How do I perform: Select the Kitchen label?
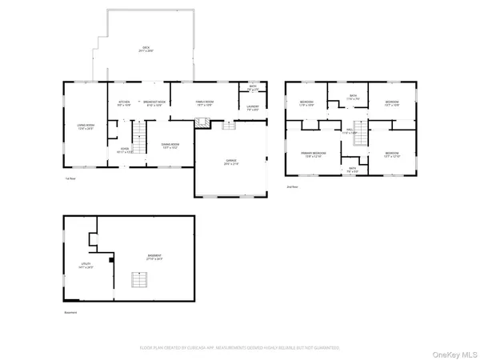pyautogui.click(x=124, y=103)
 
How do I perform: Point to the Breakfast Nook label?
pyautogui.click(x=154, y=103)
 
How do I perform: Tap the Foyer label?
pyautogui.click(x=125, y=150)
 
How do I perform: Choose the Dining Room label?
pyautogui.click(x=170, y=146)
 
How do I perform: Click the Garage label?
pyautogui.click(x=231, y=162)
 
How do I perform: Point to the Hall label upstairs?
pyautogui.click(x=350, y=131)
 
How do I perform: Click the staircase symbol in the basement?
pyautogui.click(x=140, y=281)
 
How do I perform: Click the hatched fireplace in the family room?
pyautogui.click(x=204, y=122)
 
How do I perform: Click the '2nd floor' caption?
pyautogui.click(x=294, y=186)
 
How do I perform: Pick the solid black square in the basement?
pyautogui.click(x=111, y=259)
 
